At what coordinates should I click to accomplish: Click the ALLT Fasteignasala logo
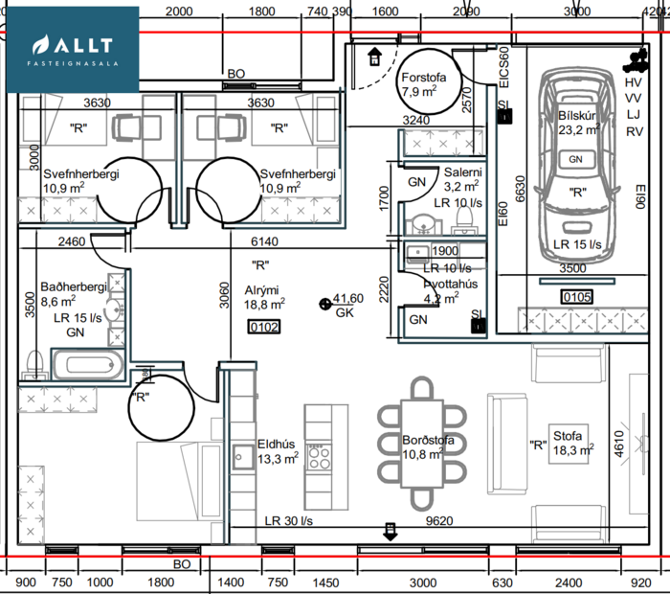(73, 49)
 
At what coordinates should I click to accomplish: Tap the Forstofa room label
(419, 79)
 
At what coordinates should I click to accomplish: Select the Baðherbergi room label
(73, 286)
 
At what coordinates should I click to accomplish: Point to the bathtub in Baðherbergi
(87, 366)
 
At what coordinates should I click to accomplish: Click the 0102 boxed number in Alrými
(262, 326)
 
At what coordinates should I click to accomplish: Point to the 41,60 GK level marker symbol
(324, 304)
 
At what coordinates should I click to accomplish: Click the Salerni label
(462, 172)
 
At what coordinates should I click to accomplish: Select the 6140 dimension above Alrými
(265, 243)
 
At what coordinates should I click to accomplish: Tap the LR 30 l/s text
(289, 521)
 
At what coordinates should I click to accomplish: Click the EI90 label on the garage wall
(641, 199)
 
